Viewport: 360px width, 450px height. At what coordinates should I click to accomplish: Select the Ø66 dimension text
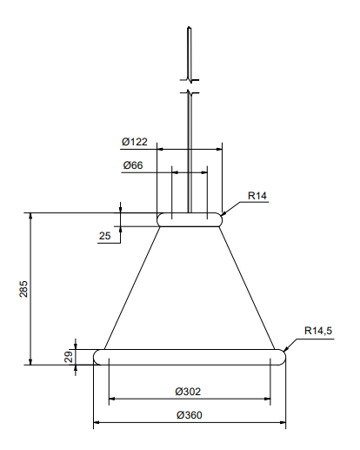click(133, 165)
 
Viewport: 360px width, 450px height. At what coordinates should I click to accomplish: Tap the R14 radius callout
click(257, 196)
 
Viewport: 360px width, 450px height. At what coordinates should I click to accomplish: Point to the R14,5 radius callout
click(318, 331)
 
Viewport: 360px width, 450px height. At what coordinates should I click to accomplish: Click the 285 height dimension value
click(23, 288)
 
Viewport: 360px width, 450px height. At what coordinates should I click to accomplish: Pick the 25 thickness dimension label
click(104, 236)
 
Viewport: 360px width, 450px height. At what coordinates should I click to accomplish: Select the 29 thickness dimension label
click(67, 356)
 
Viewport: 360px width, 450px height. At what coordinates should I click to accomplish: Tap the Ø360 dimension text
click(189, 415)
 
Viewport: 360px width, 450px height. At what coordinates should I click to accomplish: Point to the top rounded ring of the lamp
click(190, 220)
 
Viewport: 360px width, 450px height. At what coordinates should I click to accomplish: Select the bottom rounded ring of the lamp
click(190, 357)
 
